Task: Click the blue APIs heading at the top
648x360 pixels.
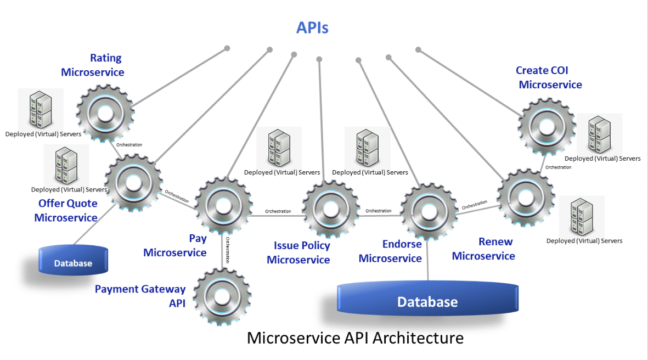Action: [312, 27]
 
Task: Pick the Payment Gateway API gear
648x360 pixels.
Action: [222, 297]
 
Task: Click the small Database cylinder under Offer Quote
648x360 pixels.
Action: [73, 260]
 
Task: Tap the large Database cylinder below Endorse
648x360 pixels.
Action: [427, 300]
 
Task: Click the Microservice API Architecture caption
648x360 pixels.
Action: [355, 337]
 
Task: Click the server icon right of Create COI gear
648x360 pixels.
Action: [599, 134]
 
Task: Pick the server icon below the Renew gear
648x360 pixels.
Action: [582, 217]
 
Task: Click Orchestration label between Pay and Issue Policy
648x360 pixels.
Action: [278, 211]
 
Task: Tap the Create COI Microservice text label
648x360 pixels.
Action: [550, 77]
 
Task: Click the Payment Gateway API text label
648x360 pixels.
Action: [140, 296]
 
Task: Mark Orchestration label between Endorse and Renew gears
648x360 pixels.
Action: [474, 205]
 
